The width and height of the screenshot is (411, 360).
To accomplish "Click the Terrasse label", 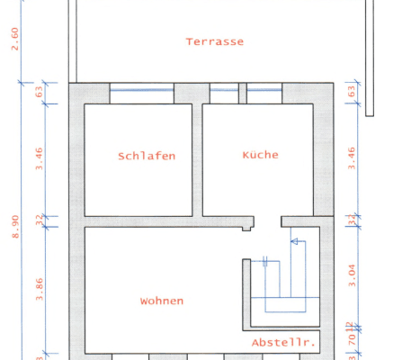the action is pyautogui.click(x=215, y=41).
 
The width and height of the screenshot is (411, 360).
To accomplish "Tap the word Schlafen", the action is pyautogui.click(x=147, y=156).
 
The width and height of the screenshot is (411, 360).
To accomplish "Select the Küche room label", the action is pyautogui.click(x=260, y=155).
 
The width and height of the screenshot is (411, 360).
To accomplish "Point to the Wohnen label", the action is pyautogui.click(x=162, y=301).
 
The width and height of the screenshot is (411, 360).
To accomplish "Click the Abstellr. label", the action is pyautogui.click(x=283, y=343).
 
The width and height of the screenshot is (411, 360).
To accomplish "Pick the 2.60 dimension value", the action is pyautogui.click(x=14, y=39).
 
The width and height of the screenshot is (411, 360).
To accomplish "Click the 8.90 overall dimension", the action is pyautogui.click(x=15, y=227).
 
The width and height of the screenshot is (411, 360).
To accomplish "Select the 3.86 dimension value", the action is pyautogui.click(x=40, y=290).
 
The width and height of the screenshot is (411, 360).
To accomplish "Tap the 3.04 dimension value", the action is pyautogui.click(x=352, y=275).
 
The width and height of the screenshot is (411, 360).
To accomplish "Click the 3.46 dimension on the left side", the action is pyautogui.click(x=40, y=158).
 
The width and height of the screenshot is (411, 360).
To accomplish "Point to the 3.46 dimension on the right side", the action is pyautogui.click(x=352, y=158).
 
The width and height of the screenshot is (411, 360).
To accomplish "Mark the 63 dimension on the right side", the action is pyautogui.click(x=352, y=91).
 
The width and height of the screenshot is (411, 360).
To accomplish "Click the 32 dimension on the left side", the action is pyautogui.click(x=40, y=220).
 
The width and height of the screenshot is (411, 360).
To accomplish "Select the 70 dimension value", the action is pyautogui.click(x=352, y=339).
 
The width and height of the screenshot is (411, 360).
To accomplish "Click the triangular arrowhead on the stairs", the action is pyautogui.click(x=294, y=241).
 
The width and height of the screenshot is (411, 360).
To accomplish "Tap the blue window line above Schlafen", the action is pyautogui.click(x=141, y=90).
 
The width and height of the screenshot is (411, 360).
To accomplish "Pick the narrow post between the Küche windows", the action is pyautogui.click(x=243, y=94).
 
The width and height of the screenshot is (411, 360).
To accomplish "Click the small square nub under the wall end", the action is pyautogui.click(x=246, y=229).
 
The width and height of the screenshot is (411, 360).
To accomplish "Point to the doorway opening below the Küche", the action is pyautogui.click(x=267, y=221).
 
